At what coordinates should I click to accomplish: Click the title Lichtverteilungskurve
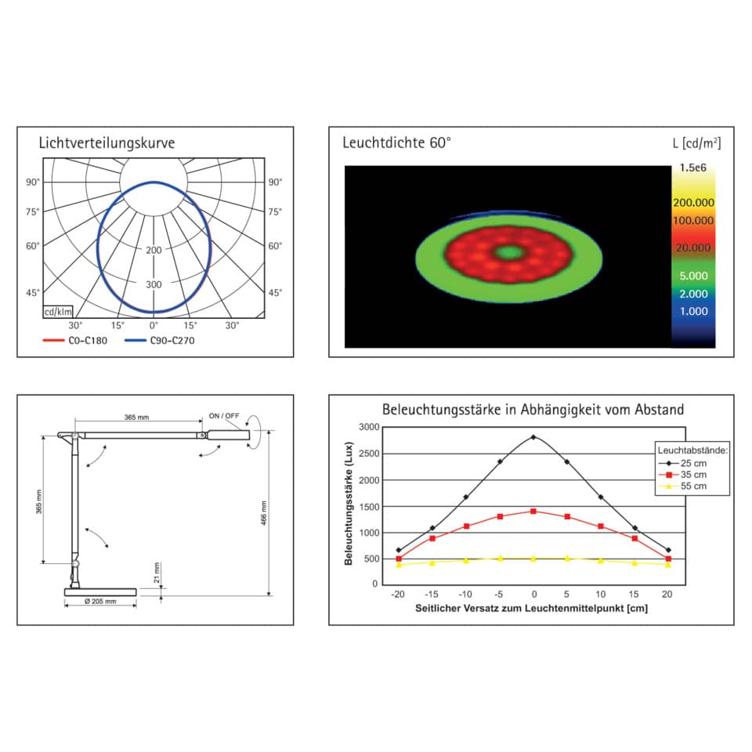click(107, 143)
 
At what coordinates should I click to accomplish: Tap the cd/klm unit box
click(58, 312)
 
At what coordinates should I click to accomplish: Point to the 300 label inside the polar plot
click(154, 284)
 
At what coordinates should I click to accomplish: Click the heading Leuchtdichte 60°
click(397, 143)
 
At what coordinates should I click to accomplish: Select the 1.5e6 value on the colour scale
click(693, 167)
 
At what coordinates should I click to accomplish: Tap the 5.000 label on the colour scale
click(693, 276)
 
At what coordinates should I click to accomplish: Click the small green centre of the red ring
click(510, 252)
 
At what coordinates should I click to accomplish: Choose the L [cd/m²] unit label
click(696, 143)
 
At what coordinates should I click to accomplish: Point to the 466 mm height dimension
click(265, 514)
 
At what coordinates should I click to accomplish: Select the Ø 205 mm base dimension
click(99, 602)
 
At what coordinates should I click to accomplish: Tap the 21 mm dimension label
click(157, 573)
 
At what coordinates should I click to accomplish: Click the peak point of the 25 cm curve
click(533, 437)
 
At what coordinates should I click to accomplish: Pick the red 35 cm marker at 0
click(533, 511)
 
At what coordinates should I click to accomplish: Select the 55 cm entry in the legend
click(693, 486)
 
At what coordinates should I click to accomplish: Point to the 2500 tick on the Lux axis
click(369, 454)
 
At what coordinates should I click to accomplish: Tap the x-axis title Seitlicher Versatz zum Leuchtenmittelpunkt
click(532, 609)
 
